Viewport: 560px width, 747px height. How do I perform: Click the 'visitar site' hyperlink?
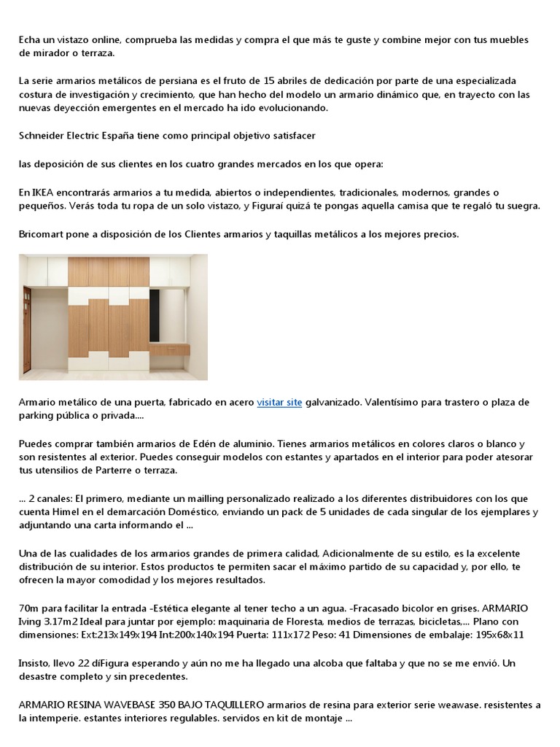pyautogui.click(x=279, y=403)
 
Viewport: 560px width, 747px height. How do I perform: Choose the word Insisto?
pyautogui.click(x=36, y=663)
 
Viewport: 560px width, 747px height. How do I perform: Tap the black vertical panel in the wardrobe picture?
pyautogui.click(x=154, y=315)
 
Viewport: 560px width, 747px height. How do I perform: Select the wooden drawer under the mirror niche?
pyautogui.click(x=169, y=350)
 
